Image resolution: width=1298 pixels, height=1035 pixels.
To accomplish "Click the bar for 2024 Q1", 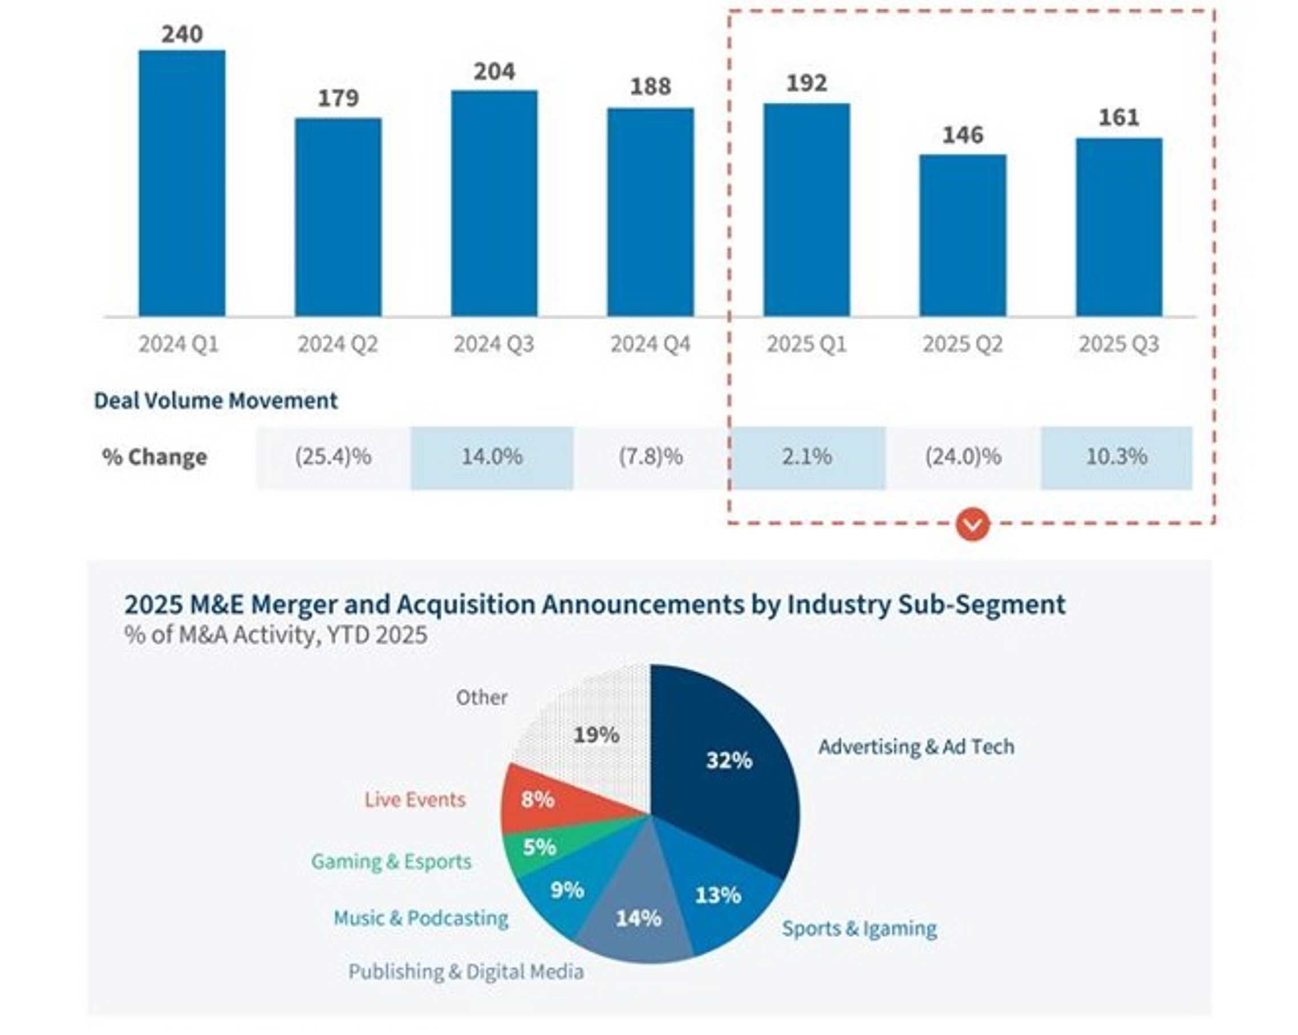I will click(x=182, y=183).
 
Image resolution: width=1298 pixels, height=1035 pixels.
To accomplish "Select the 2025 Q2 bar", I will click(x=962, y=236).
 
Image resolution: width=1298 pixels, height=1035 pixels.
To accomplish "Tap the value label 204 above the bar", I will click(x=494, y=72).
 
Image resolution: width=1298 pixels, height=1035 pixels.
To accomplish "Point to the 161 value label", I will click(x=1118, y=117).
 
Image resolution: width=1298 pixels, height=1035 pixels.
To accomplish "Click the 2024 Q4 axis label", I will click(x=650, y=344).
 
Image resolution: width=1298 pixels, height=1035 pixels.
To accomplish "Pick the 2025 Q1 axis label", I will click(x=806, y=344).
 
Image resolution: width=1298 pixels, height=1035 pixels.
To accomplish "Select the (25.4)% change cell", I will click(x=333, y=457).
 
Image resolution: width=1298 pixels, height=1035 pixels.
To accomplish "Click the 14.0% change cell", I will click(x=492, y=457).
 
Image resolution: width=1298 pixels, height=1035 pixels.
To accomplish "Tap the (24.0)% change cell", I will click(x=963, y=457).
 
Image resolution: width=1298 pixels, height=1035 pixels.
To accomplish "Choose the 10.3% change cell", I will click(x=1116, y=457).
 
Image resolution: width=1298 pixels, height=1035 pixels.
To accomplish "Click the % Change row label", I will click(x=154, y=457).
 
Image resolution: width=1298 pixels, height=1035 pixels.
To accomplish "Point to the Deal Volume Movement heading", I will click(x=216, y=400).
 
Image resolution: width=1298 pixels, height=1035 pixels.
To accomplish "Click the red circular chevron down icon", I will click(x=972, y=524).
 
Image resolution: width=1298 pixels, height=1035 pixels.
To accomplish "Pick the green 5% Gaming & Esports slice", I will click(x=538, y=848).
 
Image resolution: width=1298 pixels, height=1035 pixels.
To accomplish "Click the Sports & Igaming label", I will click(x=859, y=928).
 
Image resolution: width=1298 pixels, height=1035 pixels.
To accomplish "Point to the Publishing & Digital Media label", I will click(x=466, y=972).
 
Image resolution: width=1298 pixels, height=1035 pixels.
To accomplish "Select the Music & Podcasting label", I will click(x=421, y=918).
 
